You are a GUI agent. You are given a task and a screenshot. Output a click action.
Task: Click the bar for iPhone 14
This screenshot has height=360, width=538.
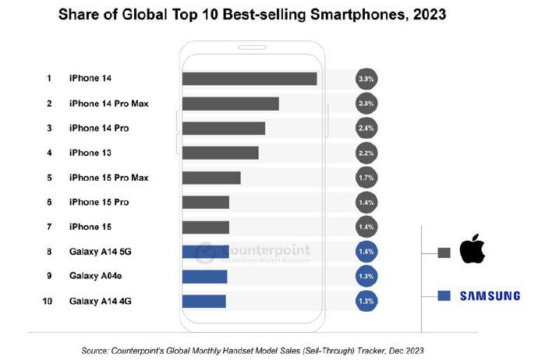click(249, 79)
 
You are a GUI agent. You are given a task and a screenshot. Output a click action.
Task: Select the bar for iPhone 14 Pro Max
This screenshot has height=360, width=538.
click(230, 104)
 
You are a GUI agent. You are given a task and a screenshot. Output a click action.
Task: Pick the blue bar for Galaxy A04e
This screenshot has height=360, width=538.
click(204, 277)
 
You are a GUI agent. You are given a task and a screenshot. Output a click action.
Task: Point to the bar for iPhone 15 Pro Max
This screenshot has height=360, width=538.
click(211, 178)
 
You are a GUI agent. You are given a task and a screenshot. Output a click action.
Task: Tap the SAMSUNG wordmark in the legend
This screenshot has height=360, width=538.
click(489, 296)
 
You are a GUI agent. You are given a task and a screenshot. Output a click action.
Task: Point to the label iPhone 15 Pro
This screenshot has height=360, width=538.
click(99, 203)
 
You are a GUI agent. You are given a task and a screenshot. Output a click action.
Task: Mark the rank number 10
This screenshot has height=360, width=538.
click(48, 301)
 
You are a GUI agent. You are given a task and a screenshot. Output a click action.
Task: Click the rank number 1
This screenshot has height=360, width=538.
click(48, 79)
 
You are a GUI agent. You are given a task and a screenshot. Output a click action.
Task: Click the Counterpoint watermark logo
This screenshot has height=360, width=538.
click(204, 251)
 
